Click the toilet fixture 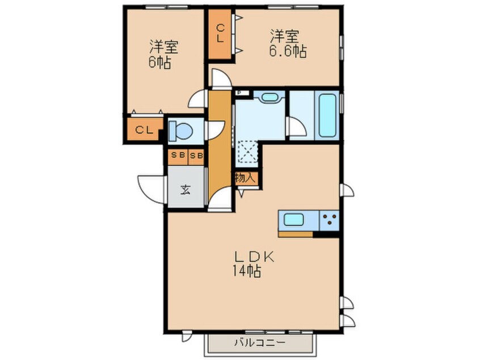180,131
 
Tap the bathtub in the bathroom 327,116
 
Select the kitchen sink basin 294,220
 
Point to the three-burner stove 329,220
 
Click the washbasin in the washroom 270,97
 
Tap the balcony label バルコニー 260,342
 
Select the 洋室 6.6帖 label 288,43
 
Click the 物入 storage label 245,178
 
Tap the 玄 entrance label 185,190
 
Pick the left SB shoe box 178,155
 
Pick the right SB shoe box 196,156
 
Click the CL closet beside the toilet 144,130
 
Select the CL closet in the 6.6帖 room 220,34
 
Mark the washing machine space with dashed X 248,152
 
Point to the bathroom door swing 296,126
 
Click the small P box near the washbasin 239,93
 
